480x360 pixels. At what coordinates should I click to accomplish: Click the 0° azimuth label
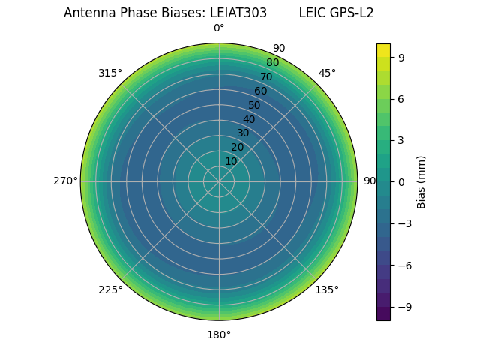point(219,28)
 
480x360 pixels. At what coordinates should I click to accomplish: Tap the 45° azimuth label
point(327,73)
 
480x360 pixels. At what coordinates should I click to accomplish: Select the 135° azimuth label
point(327,289)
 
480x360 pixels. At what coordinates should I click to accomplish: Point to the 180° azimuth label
point(219,334)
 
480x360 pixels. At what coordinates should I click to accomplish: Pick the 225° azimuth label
point(110,289)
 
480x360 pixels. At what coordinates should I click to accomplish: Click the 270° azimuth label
point(65,181)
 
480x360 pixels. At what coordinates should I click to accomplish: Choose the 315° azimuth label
point(110,73)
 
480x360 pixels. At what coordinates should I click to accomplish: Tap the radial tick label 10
point(231,161)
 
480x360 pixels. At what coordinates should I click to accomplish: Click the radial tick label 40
point(249,119)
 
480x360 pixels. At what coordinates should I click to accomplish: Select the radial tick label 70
point(266,76)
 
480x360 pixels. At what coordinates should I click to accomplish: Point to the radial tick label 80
point(272,62)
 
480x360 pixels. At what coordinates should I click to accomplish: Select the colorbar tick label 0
point(402,181)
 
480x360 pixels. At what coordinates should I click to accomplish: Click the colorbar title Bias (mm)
point(421,181)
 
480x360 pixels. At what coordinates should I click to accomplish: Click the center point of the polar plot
point(219,181)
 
